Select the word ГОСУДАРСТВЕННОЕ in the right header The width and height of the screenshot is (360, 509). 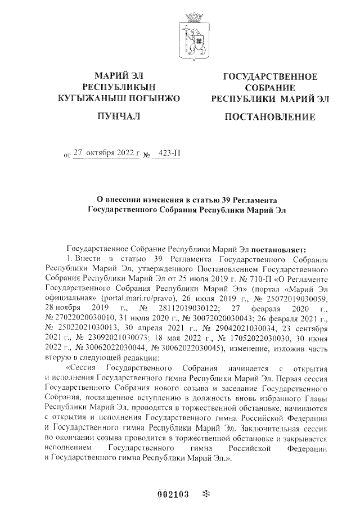(x=270, y=76)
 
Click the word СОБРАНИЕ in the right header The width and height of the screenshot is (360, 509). (x=270, y=88)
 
